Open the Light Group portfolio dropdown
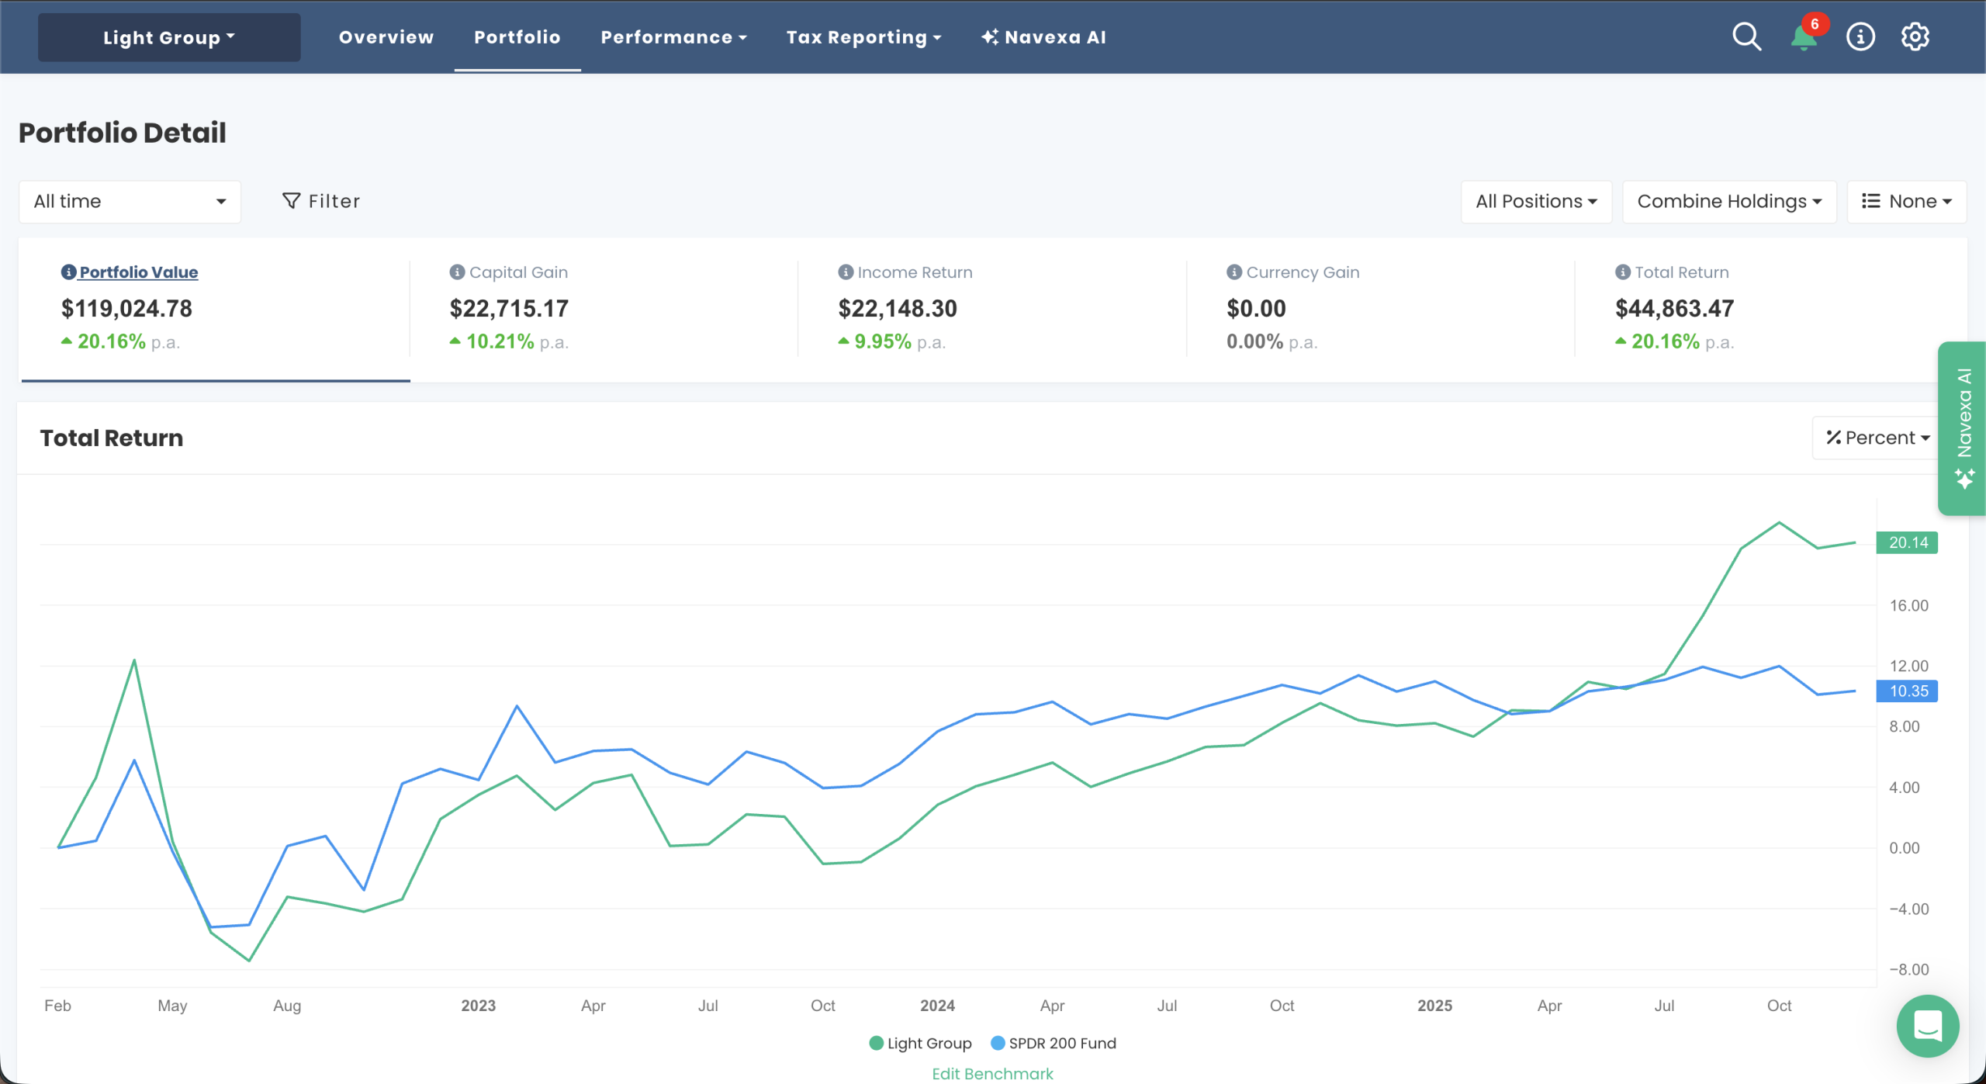pos(168,37)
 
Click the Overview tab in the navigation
pos(386,37)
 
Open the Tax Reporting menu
pos(863,37)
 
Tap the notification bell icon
pos(1804,37)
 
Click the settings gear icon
pos(1915,36)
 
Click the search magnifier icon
pos(1746,36)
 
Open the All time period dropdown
pos(130,202)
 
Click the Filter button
pos(321,202)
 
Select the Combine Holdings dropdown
pos(1728,202)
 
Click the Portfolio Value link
pos(138,272)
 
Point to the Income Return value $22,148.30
pos(897,309)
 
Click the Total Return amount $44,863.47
pos(1674,309)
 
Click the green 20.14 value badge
pos(1907,542)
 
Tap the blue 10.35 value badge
pos(1907,691)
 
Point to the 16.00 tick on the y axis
pos(1908,605)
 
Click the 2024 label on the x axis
pos(937,1006)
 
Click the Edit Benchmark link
pos(992,1073)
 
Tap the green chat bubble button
pos(1927,1026)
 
